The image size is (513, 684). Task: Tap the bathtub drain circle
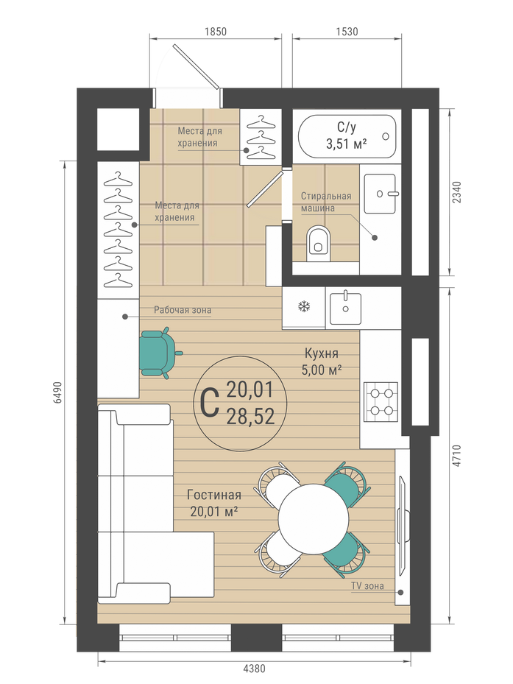[x=386, y=136]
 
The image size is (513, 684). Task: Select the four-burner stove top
[x=381, y=402]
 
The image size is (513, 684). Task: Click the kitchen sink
[x=345, y=308]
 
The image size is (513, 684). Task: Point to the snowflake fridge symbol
[x=304, y=307]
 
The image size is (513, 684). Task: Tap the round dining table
[x=314, y=518]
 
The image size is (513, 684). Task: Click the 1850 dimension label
[x=216, y=32]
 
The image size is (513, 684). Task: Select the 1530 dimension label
[x=347, y=32]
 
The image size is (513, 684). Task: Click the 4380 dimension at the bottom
[x=253, y=669]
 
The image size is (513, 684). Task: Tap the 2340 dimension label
[x=456, y=192]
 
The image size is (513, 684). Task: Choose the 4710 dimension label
[x=456, y=456]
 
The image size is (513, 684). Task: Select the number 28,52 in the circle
[x=250, y=417]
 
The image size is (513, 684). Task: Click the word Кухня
[x=322, y=353]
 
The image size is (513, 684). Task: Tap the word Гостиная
[x=213, y=495]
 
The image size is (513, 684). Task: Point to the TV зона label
[x=367, y=586]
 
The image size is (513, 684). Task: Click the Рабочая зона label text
[x=183, y=310]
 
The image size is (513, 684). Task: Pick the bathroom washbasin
[x=381, y=194]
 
